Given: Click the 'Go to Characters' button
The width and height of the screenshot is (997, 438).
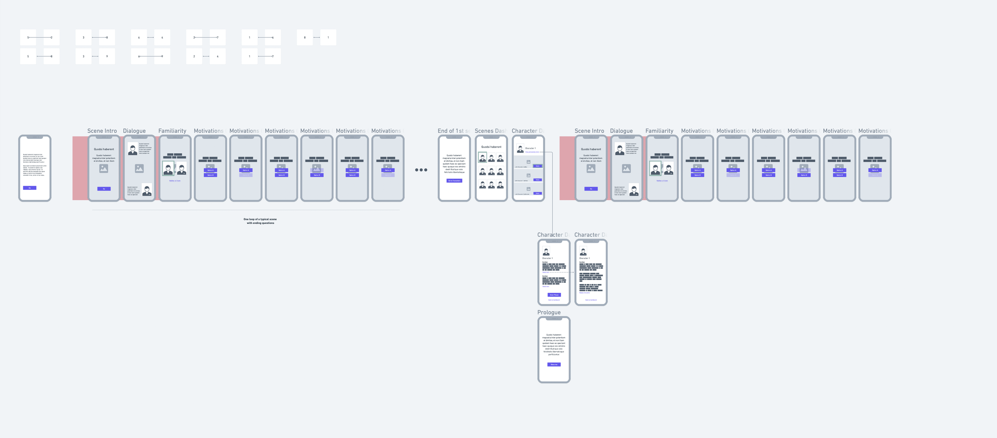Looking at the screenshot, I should click(x=454, y=181).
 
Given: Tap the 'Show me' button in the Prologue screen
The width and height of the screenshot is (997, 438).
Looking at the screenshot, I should click(x=554, y=365).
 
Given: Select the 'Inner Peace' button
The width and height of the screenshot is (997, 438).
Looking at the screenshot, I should click(x=554, y=295).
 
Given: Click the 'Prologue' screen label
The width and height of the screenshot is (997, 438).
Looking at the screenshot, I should click(x=549, y=312).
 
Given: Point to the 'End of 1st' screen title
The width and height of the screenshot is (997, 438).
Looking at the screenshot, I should click(x=453, y=131).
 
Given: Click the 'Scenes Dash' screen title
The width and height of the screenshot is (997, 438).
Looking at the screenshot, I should click(x=490, y=131).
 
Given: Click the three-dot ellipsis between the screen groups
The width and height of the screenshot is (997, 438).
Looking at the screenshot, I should click(x=421, y=170).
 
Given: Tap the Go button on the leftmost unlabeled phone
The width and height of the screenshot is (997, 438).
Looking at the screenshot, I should click(x=30, y=188).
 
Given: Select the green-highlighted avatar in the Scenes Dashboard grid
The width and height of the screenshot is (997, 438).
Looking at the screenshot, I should click(x=483, y=158).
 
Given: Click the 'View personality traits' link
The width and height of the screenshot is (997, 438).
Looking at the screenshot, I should click(x=532, y=152).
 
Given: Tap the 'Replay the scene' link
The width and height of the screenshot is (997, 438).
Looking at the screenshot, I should click(x=585, y=293).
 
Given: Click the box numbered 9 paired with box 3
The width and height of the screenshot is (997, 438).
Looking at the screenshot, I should click(x=107, y=56).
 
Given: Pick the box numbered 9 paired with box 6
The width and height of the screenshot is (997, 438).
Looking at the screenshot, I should click(x=162, y=56).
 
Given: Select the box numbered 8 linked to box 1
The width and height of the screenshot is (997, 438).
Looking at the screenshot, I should click(x=305, y=37).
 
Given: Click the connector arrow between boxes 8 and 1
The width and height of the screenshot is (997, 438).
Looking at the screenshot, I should click(x=316, y=37).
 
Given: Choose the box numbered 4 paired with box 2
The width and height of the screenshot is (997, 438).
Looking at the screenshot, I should click(x=217, y=56).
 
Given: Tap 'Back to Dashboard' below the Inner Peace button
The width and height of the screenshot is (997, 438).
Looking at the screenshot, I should click(x=554, y=300).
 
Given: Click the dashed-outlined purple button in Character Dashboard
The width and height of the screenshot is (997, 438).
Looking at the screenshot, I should click(x=538, y=166).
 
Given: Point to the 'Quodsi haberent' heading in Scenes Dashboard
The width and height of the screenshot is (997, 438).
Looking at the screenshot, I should click(x=491, y=147).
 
